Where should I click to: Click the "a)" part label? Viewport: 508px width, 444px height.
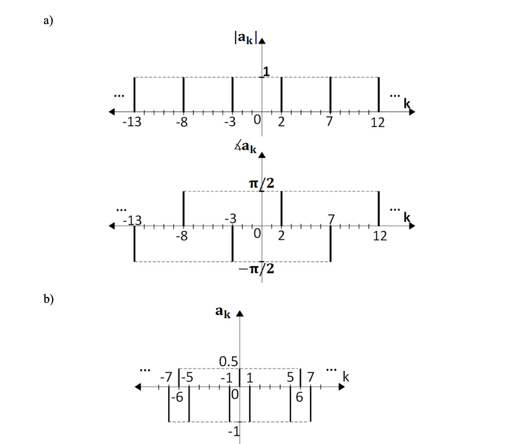(x=48, y=20)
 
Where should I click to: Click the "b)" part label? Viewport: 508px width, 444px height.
(x=49, y=299)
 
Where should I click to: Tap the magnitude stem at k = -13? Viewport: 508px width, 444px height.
(x=134, y=94)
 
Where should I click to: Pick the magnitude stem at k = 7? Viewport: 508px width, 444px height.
(x=330, y=94)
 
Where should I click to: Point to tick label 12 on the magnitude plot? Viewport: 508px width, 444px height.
(x=378, y=122)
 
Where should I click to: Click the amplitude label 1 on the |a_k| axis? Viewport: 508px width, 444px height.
(x=266, y=72)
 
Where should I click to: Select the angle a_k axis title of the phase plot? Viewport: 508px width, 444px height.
(x=246, y=148)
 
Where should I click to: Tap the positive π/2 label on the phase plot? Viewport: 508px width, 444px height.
(x=261, y=183)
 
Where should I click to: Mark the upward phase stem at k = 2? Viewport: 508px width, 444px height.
(x=281, y=208)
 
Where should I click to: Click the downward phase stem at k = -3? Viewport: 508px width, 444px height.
(x=233, y=244)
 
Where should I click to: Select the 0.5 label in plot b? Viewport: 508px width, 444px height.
(x=229, y=361)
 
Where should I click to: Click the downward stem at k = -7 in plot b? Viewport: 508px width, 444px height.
(x=169, y=404)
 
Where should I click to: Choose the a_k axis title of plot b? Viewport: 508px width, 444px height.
(x=223, y=312)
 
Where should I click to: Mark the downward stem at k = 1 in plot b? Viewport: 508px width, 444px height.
(x=250, y=404)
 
